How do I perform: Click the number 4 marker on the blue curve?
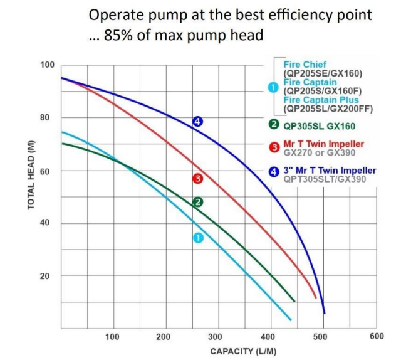pyautogui.click(x=197, y=121)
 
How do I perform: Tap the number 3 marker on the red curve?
pyautogui.click(x=197, y=179)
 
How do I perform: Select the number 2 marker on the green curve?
pyautogui.click(x=197, y=202)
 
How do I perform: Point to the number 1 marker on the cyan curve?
pyautogui.click(x=197, y=238)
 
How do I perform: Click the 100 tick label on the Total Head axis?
pyautogui.click(x=48, y=65)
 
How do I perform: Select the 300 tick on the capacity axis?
pyautogui.click(x=216, y=337)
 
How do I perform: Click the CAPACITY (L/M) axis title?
pyautogui.click(x=243, y=351)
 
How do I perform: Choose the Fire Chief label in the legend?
pyautogui.click(x=303, y=65)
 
